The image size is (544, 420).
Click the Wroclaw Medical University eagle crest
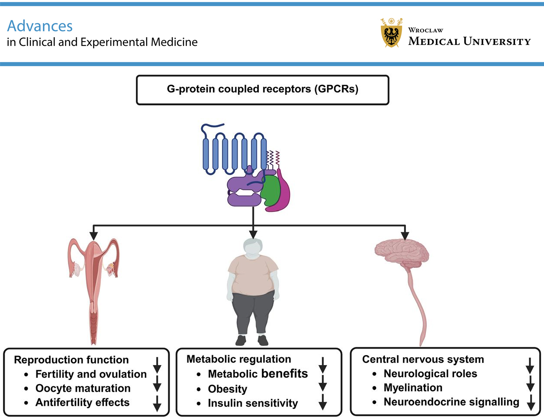pyautogui.click(x=391, y=34)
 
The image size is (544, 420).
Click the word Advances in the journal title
pyautogui.click(x=40, y=26)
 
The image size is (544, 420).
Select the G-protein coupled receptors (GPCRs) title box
pyautogui.click(x=262, y=90)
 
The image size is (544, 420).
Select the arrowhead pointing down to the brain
pyautogui.click(x=405, y=235)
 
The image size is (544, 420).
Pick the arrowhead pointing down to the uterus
pyautogui.click(x=93, y=235)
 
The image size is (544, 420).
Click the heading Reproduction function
pyautogui.click(x=71, y=360)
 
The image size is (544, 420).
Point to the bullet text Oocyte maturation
pyautogui.click(x=83, y=388)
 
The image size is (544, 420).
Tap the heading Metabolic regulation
pyautogui.click(x=238, y=359)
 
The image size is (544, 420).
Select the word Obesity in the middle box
pyautogui.click(x=227, y=389)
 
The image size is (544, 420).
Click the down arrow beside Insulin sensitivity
pyautogui.click(x=322, y=402)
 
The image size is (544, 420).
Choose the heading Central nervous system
pyautogui.click(x=423, y=359)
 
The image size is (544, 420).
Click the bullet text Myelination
pyautogui.click(x=413, y=388)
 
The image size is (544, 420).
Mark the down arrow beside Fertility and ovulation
pyautogui.click(x=157, y=366)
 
